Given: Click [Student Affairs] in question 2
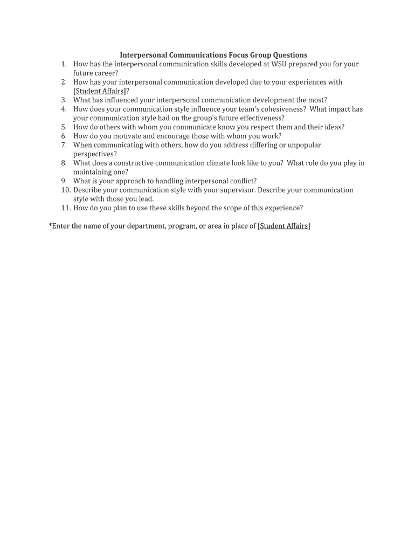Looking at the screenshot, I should tap(99, 91).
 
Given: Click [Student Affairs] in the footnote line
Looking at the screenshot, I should tap(283, 226).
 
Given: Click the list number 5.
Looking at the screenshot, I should tap(64, 127).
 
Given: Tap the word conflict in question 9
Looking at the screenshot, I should tap(240, 181).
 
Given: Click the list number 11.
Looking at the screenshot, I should tap(65, 208).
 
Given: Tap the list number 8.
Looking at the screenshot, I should tap(64, 163).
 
